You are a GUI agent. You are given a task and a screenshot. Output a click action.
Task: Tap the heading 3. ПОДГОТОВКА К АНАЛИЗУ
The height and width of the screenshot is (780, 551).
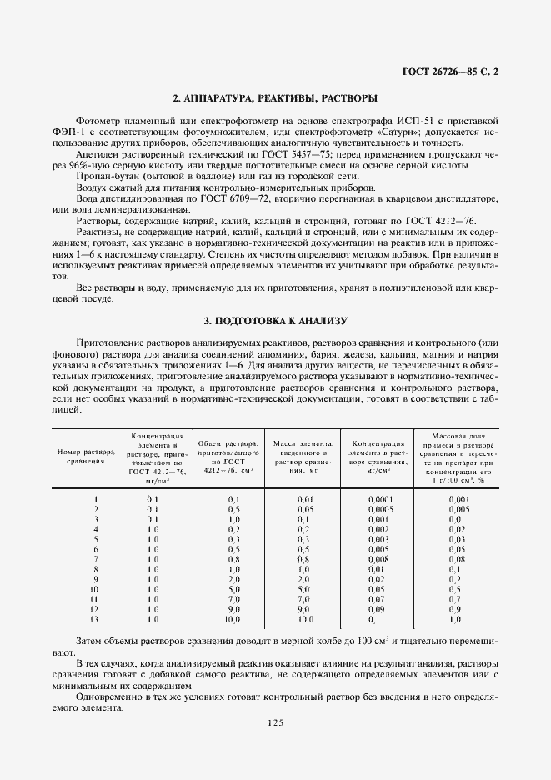(x=275, y=321)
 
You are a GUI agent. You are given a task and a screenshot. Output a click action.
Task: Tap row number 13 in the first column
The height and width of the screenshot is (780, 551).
(x=96, y=620)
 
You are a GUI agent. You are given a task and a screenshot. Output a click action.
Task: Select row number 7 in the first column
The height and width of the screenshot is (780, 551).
(x=97, y=559)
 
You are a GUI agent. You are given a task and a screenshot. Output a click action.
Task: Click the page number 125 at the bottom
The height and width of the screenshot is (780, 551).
(x=276, y=723)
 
